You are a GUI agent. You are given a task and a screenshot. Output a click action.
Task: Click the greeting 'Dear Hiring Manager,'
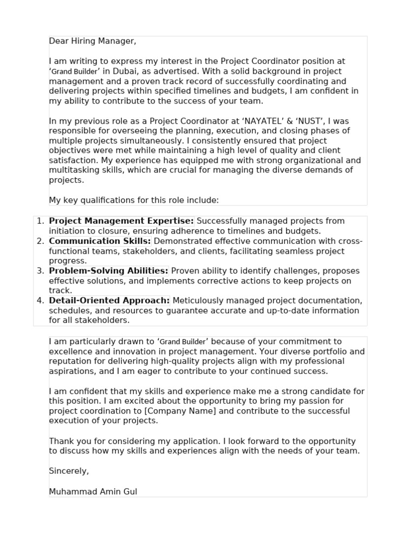pos(93,41)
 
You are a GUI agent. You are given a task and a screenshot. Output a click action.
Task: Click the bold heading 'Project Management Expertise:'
pos(121,221)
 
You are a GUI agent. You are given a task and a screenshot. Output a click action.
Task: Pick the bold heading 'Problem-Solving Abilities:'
pos(108,271)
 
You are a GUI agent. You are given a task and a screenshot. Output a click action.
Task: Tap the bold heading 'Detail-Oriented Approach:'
pos(109,301)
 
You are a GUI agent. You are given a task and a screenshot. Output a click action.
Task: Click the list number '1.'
pos(40,221)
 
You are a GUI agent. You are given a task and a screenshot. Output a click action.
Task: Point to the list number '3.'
pos(40,271)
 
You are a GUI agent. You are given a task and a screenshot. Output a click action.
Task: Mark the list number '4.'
pos(40,301)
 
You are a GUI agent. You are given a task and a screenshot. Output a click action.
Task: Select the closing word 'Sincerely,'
pos(69,471)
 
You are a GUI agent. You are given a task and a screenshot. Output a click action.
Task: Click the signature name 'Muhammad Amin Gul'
pos(93,492)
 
